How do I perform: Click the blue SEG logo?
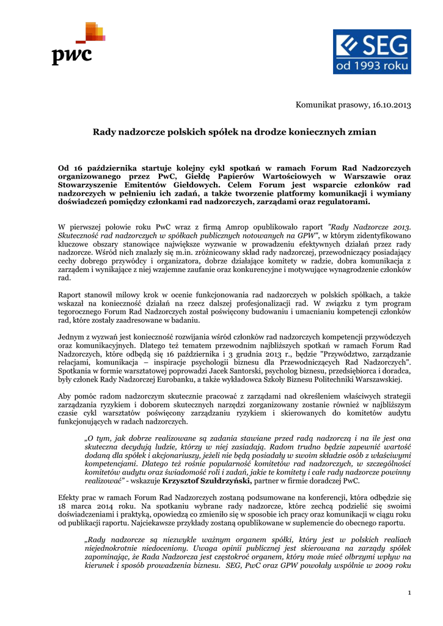click(371, 52)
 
